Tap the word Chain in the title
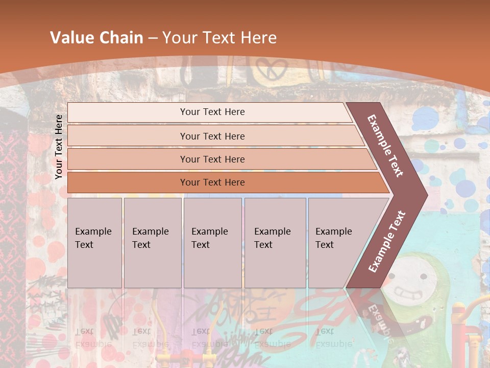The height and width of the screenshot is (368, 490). [122, 38]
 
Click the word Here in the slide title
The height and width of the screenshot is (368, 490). [258, 38]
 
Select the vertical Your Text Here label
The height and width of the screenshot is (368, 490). [59, 147]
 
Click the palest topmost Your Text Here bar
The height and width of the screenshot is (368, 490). [212, 112]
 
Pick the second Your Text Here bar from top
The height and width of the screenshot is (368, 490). [212, 136]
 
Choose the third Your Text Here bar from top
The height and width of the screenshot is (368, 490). [212, 159]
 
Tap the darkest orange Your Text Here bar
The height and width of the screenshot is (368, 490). [212, 182]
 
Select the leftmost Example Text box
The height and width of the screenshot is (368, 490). [94, 242]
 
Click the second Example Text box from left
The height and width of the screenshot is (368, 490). [152, 242]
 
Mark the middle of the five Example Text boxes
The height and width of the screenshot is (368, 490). [212, 242]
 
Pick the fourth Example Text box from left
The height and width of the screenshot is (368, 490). [275, 242]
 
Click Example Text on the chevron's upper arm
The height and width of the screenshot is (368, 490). [385, 146]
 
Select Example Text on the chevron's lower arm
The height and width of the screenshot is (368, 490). [386, 241]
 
